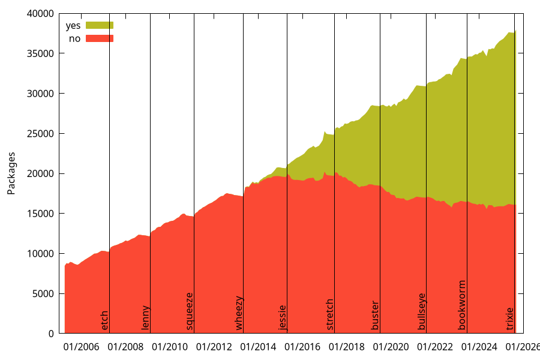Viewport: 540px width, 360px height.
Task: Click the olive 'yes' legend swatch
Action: point(100,25)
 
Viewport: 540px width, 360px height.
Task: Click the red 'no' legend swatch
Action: point(100,38)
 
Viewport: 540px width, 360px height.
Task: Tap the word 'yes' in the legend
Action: point(73,26)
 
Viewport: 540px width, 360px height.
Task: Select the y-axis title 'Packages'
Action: point(11,173)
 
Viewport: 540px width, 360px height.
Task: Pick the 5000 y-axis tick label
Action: point(43,293)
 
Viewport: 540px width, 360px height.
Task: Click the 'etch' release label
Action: point(105,320)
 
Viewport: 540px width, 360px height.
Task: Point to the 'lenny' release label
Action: point(145,318)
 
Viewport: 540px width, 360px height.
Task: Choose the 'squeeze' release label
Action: point(190,311)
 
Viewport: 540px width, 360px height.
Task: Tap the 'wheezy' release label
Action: point(239,313)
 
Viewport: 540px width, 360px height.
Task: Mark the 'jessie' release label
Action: point(283,317)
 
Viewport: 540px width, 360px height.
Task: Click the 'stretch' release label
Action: point(329,314)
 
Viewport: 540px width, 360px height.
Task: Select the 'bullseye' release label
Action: point(422,311)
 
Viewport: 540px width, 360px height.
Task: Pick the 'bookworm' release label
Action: point(462,305)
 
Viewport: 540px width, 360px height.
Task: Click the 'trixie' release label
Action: point(510,319)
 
